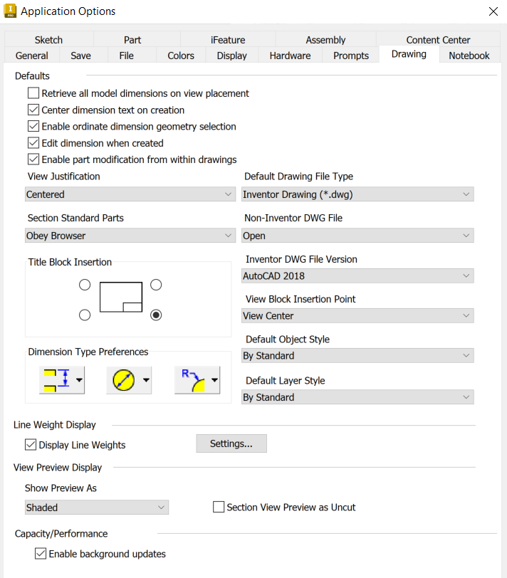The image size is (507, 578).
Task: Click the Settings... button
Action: [x=231, y=443]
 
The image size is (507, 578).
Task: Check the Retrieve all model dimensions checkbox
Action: [x=33, y=93]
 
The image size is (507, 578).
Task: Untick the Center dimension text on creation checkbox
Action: [x=33, y=110]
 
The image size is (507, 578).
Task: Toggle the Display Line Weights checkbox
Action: [x=31, y=445]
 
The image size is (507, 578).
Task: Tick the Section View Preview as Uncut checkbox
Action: [x=219, y=508]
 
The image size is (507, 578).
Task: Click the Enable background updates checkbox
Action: [x=41, y=554]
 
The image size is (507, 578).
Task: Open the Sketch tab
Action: [x=48, y=40]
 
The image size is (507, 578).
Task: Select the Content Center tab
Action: [x=438, y=40]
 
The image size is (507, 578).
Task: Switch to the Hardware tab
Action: [x=290, y=56]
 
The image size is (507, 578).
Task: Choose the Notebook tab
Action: [x=469, y=56]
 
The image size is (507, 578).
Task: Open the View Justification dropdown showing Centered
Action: [x=130, y=194]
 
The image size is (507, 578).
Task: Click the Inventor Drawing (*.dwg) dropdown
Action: [x=357, y=194]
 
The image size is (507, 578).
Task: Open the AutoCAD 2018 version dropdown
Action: [x=357, y=275]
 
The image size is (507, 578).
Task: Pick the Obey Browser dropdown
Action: [x=130, y=236]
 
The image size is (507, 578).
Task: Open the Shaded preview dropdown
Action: [x=97, y=508]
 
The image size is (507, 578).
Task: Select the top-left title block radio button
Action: [x=85, y=285]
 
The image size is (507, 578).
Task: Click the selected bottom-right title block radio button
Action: [x=156, y=315]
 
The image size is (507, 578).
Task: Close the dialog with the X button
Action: [x=493, y=11]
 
